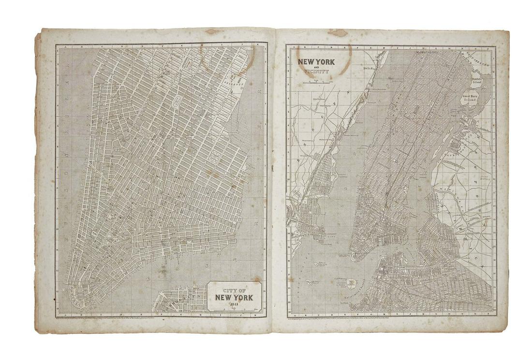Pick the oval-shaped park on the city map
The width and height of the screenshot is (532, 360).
[x=177, y=101]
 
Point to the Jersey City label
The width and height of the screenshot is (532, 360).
[x=332, y=235]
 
